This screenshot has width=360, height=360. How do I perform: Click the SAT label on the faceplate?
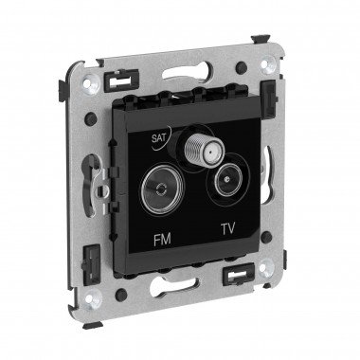click(158, 138)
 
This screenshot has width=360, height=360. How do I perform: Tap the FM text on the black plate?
click(162, 240)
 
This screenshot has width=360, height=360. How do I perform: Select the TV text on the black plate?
click(228, 228)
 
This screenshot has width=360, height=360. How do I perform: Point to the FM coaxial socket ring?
click(162, 189)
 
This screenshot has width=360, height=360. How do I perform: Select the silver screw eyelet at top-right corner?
click(267, 63)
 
